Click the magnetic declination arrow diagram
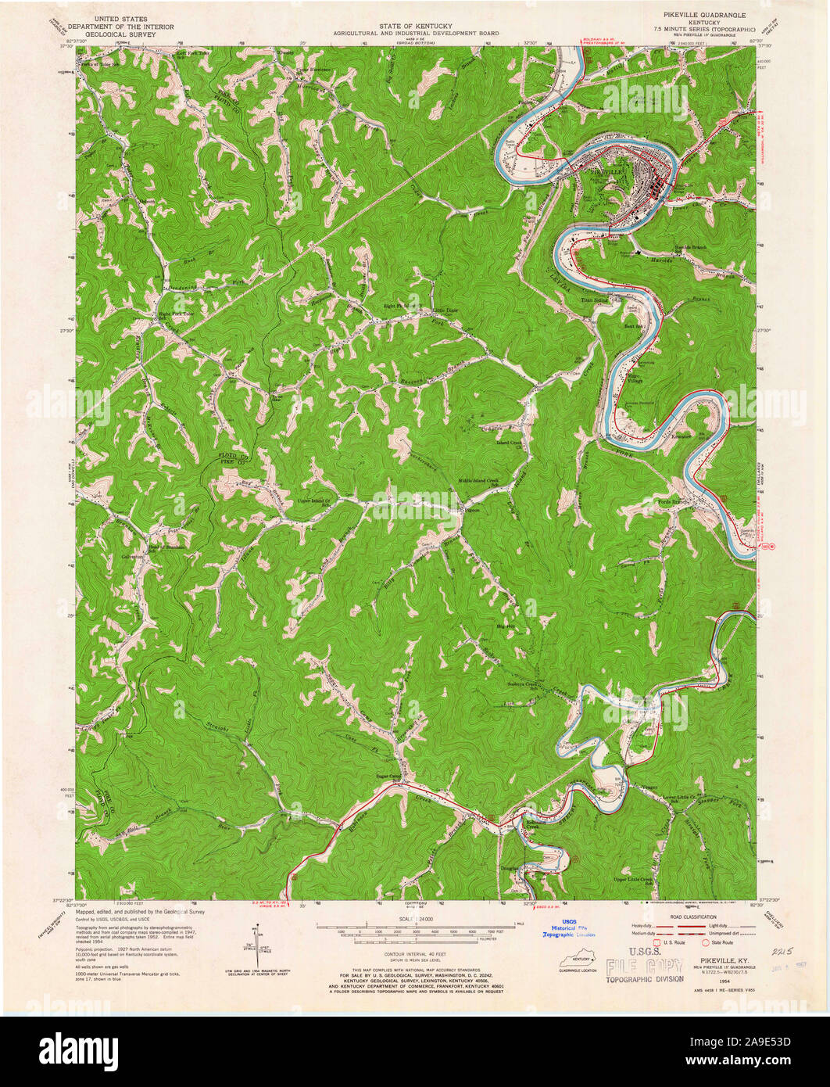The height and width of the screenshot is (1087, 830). pos(257,946)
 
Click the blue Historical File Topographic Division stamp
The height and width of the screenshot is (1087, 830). pos(570,929)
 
